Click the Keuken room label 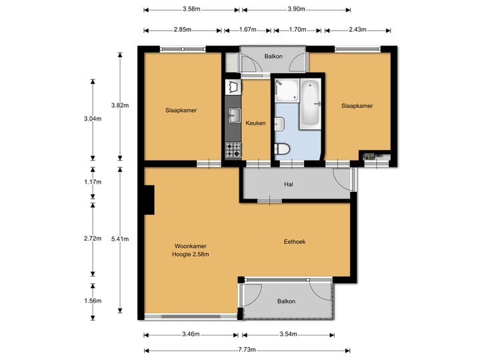click(255, 123)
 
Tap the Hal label click(289, 184)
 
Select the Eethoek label click(295, 242)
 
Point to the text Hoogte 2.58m click(191, 254)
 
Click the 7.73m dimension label click(247, 349)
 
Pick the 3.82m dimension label click(120, 105)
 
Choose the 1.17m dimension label click(93, 182)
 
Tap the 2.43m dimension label click(357, 30)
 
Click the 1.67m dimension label click(247, 30)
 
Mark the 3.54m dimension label click(288, 334)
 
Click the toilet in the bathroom click(282, 149)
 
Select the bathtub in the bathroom click(310, 104)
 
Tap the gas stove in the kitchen click(233, 150)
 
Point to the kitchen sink click(233, 115)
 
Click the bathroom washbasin click(279, 124)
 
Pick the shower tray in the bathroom click(287, 91)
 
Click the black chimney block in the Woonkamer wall click(149, 200)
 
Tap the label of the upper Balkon click(273, 56)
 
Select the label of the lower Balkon click(286, 301)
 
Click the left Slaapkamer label click(181, 111)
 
